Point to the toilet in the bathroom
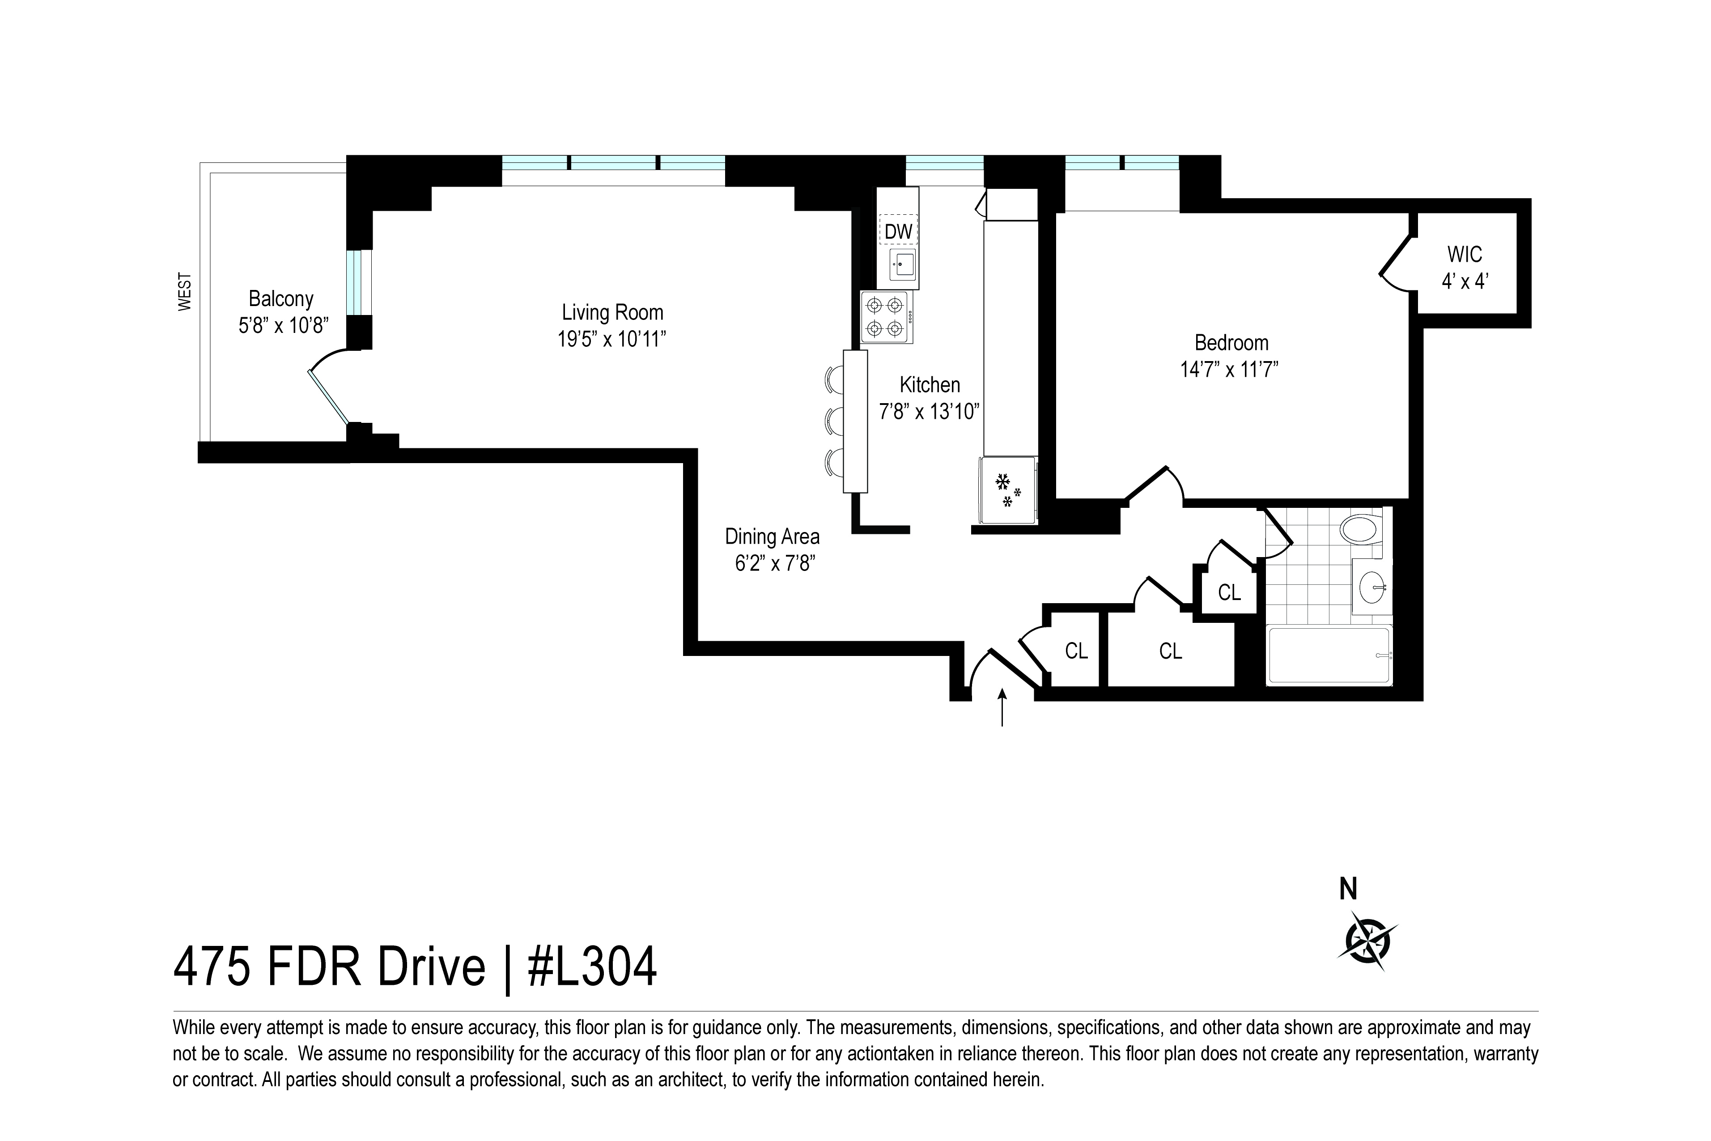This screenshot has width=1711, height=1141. [x=1360, y=528]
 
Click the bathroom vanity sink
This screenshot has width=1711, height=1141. [x=1372, y=587]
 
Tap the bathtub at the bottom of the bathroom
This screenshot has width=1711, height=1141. [x=1329, y=655]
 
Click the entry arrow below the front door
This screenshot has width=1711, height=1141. [x=1002, y=707]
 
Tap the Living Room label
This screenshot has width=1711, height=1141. [x=612, y=312]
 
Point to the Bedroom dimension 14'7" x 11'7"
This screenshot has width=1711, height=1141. [x=1229, y=370]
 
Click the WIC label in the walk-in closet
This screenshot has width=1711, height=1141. [x=1465, y=255]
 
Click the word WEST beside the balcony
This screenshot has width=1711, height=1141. [x=185, y=292]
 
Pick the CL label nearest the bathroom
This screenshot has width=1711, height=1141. [x=1229, y=592]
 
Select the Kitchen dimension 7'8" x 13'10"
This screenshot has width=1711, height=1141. [x=929, y=412]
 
